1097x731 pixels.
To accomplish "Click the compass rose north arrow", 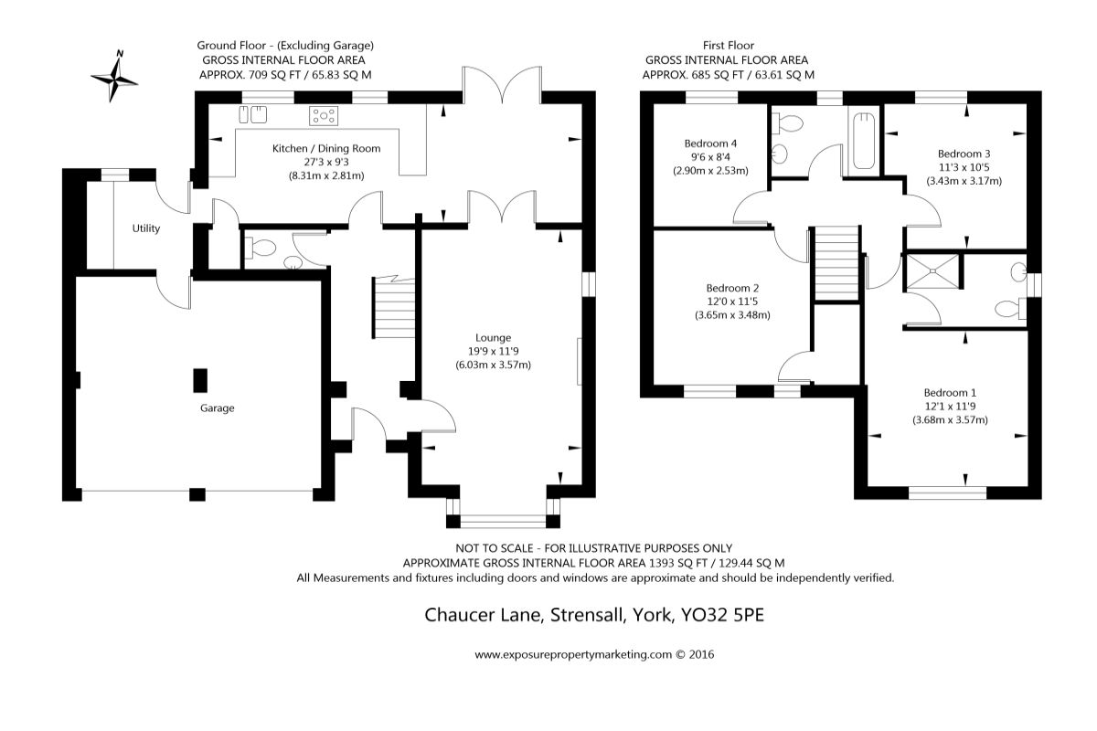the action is [x=115, y=75].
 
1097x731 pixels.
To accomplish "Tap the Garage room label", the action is [x=218, y=408].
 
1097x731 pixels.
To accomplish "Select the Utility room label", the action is [x=145, y=228].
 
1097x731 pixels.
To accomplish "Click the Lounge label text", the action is [x=493, y=337].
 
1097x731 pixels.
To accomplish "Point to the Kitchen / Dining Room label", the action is [x=326, y=148].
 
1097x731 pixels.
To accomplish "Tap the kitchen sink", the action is [x=252, y=114].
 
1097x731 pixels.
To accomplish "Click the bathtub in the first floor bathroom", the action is [x=864, y=142].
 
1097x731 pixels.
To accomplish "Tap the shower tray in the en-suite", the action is [x=932, y=271].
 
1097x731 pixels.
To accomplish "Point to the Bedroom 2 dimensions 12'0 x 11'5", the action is [x=732, y=302].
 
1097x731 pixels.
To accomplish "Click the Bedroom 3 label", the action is [x=964, y=154].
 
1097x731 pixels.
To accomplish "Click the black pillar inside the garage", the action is [x=200, y=379].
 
